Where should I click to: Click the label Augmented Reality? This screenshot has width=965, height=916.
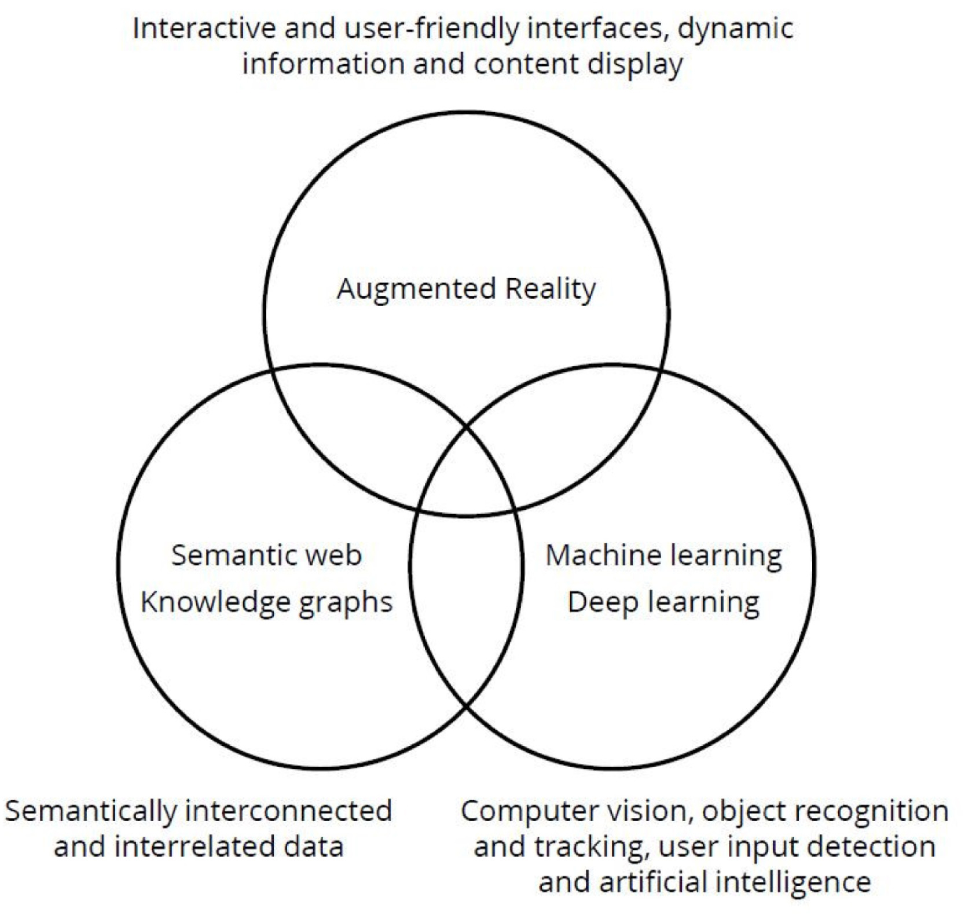(x=466, y=289)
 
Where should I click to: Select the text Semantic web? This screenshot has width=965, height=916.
(x=266, y=555)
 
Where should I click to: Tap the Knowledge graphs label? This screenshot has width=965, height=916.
(x=266, y=602)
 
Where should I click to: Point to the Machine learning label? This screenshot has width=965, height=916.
(x=663, y=555)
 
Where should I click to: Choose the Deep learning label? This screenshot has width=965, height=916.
(x=663, y=602)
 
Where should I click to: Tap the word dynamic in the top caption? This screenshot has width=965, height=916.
(x=735, y=28)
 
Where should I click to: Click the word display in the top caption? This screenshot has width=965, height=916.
(x=635, y=64)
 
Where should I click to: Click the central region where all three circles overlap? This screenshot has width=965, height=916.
(x=466, y=474)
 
